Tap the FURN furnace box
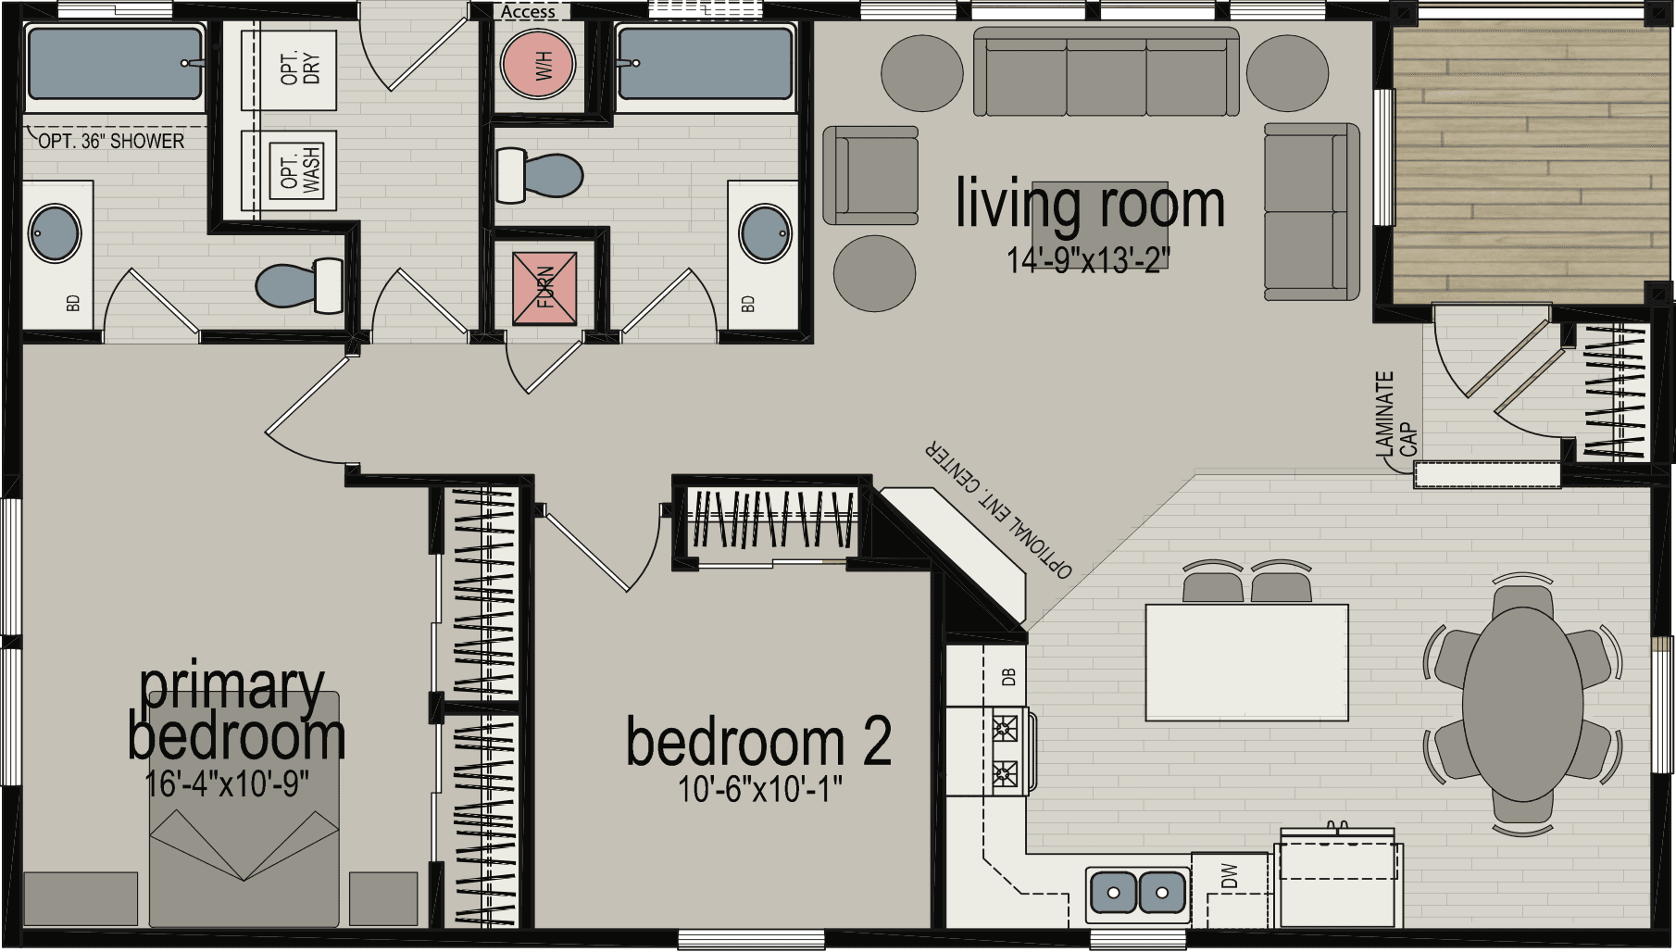544,287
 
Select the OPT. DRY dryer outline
288,69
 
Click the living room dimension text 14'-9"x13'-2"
1089,262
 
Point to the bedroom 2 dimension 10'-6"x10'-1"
759,790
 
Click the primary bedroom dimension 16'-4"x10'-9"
227,783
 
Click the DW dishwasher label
1230,876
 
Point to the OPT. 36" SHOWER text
111,142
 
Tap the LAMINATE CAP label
1395,416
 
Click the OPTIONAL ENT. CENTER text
998,510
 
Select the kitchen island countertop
1246,661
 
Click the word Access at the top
528,12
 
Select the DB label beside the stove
1009,676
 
